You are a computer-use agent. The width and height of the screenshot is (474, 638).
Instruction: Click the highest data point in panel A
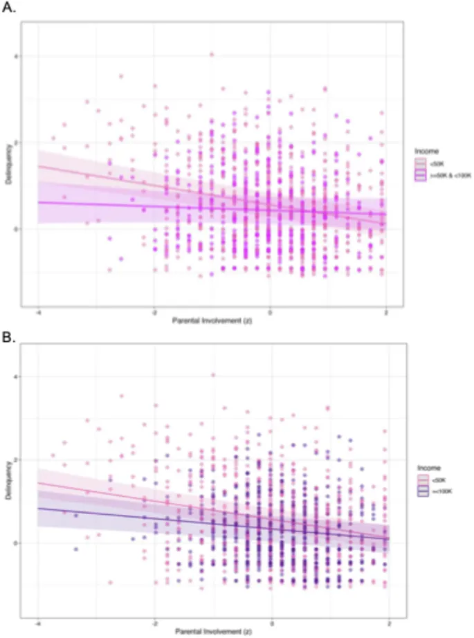point(212,54)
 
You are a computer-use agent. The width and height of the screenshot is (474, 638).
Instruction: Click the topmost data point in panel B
point(213,375)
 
